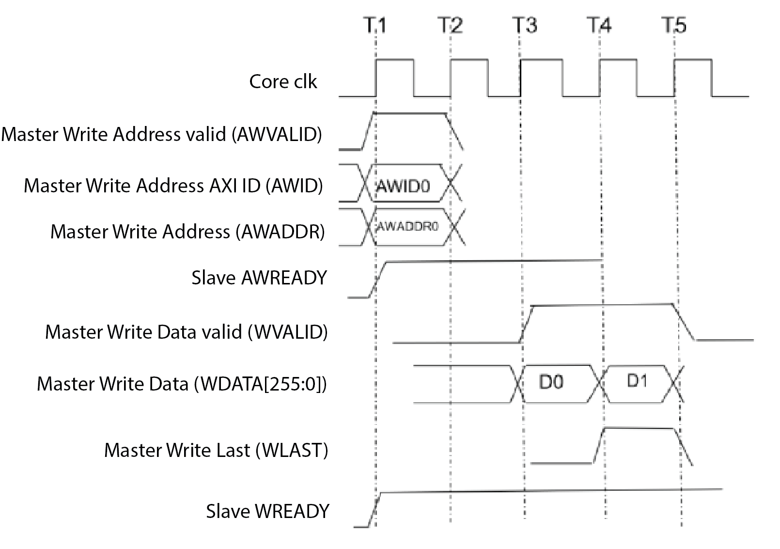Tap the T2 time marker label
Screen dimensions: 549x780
tap(450, 25)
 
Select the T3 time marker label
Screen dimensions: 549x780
tap(525, 25)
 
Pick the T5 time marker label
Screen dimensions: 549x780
tap(674, 25)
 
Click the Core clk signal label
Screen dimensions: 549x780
tap(283, 81)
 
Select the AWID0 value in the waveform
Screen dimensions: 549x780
tap(403, 186)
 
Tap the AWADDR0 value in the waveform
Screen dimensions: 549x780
tap(407, 226)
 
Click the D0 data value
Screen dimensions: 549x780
tap(551, 382)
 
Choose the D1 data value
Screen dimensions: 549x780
tap(637, 381)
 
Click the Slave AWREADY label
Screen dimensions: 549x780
tap(259, 278)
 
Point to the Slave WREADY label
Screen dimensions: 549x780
tap(267, 512)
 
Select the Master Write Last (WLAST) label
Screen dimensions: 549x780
tap(216, 450)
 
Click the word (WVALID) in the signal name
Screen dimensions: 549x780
tap(288, 332)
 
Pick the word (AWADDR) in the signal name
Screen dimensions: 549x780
tap(280, 232)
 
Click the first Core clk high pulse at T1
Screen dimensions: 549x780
tap(395, 60)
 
